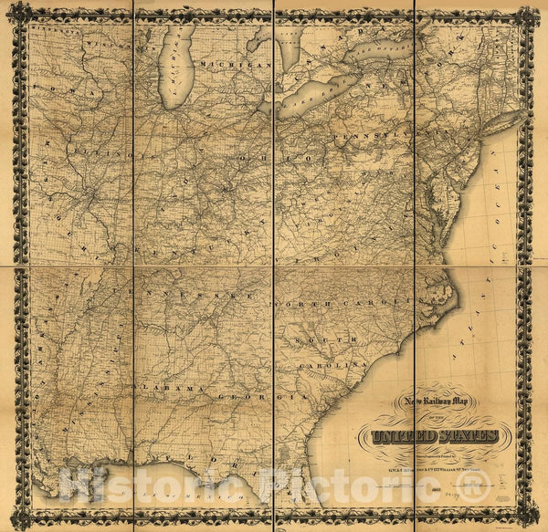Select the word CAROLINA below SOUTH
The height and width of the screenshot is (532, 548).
pyautogui.click(x=343, y=365)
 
